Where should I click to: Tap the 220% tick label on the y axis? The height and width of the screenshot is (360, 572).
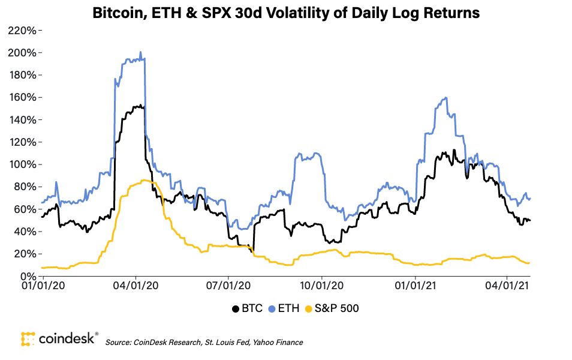point(24,30)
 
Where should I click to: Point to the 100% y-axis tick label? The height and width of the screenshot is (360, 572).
point(24,164)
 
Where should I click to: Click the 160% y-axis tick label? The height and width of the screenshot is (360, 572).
point(24,97)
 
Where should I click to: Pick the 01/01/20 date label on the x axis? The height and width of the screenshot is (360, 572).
point(44,287)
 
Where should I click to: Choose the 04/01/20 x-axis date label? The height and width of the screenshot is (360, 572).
point(136,287)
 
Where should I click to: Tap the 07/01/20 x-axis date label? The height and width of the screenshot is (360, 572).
point(228,287)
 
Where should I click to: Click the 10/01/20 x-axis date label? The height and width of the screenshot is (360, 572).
point(322,287)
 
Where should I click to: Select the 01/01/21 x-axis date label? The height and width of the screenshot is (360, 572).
point(416,287)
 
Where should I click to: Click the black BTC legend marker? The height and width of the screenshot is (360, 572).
point(235,308)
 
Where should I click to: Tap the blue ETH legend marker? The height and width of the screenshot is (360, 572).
point(272,308)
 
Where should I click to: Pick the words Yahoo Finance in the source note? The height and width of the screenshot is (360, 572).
point(281,342)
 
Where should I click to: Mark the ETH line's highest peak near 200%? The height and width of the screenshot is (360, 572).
point(140,52)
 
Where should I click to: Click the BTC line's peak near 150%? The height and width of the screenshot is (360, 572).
point(139,106)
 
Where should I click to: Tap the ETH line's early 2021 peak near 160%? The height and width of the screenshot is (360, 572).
point(445,97)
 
